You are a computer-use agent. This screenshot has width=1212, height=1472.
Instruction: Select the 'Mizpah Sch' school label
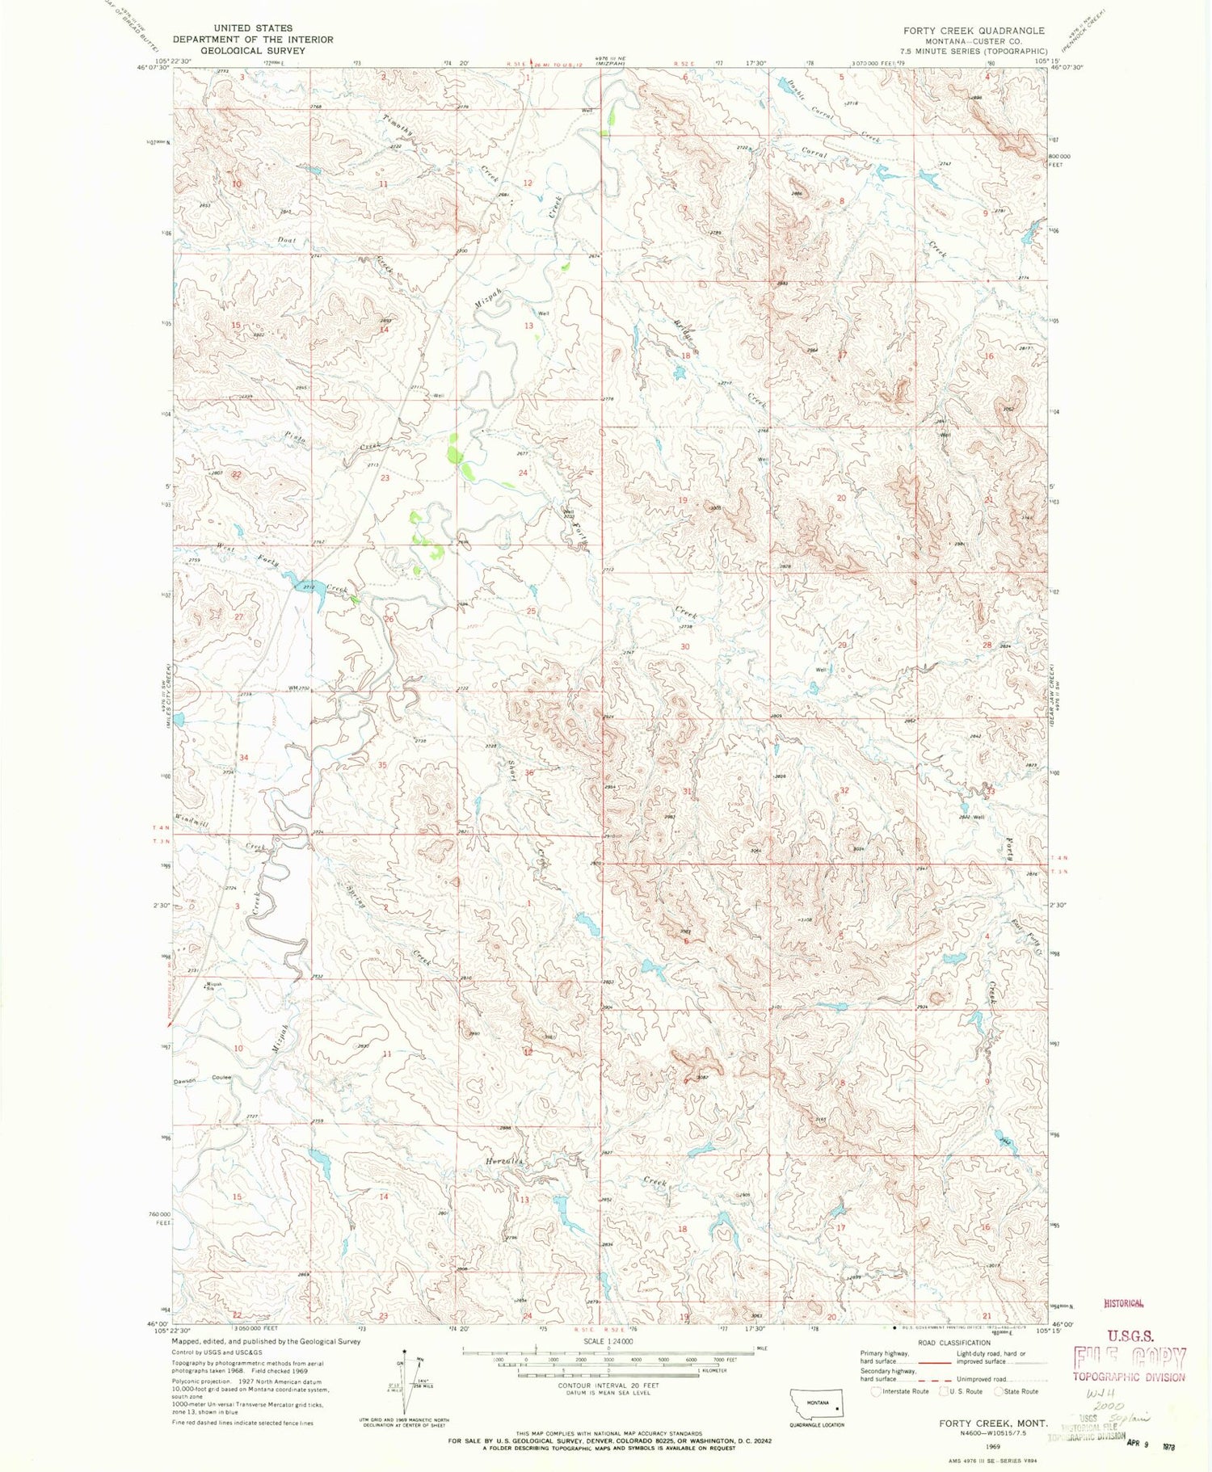pyautogui.click(x=212, y=986)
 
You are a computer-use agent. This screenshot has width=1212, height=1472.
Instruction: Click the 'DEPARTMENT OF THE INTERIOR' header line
pyautogui.click(x=252, y=40)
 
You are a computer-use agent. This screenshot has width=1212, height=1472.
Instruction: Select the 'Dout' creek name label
pyautogui.click(x=285, y=240)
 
